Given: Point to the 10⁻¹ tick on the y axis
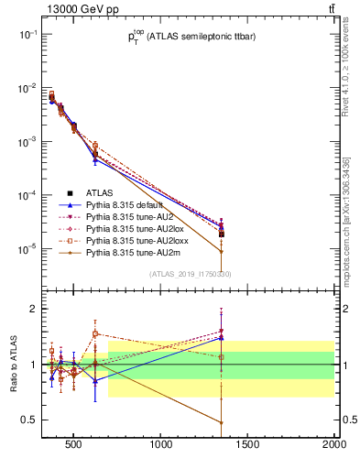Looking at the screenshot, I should pos(27,34).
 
